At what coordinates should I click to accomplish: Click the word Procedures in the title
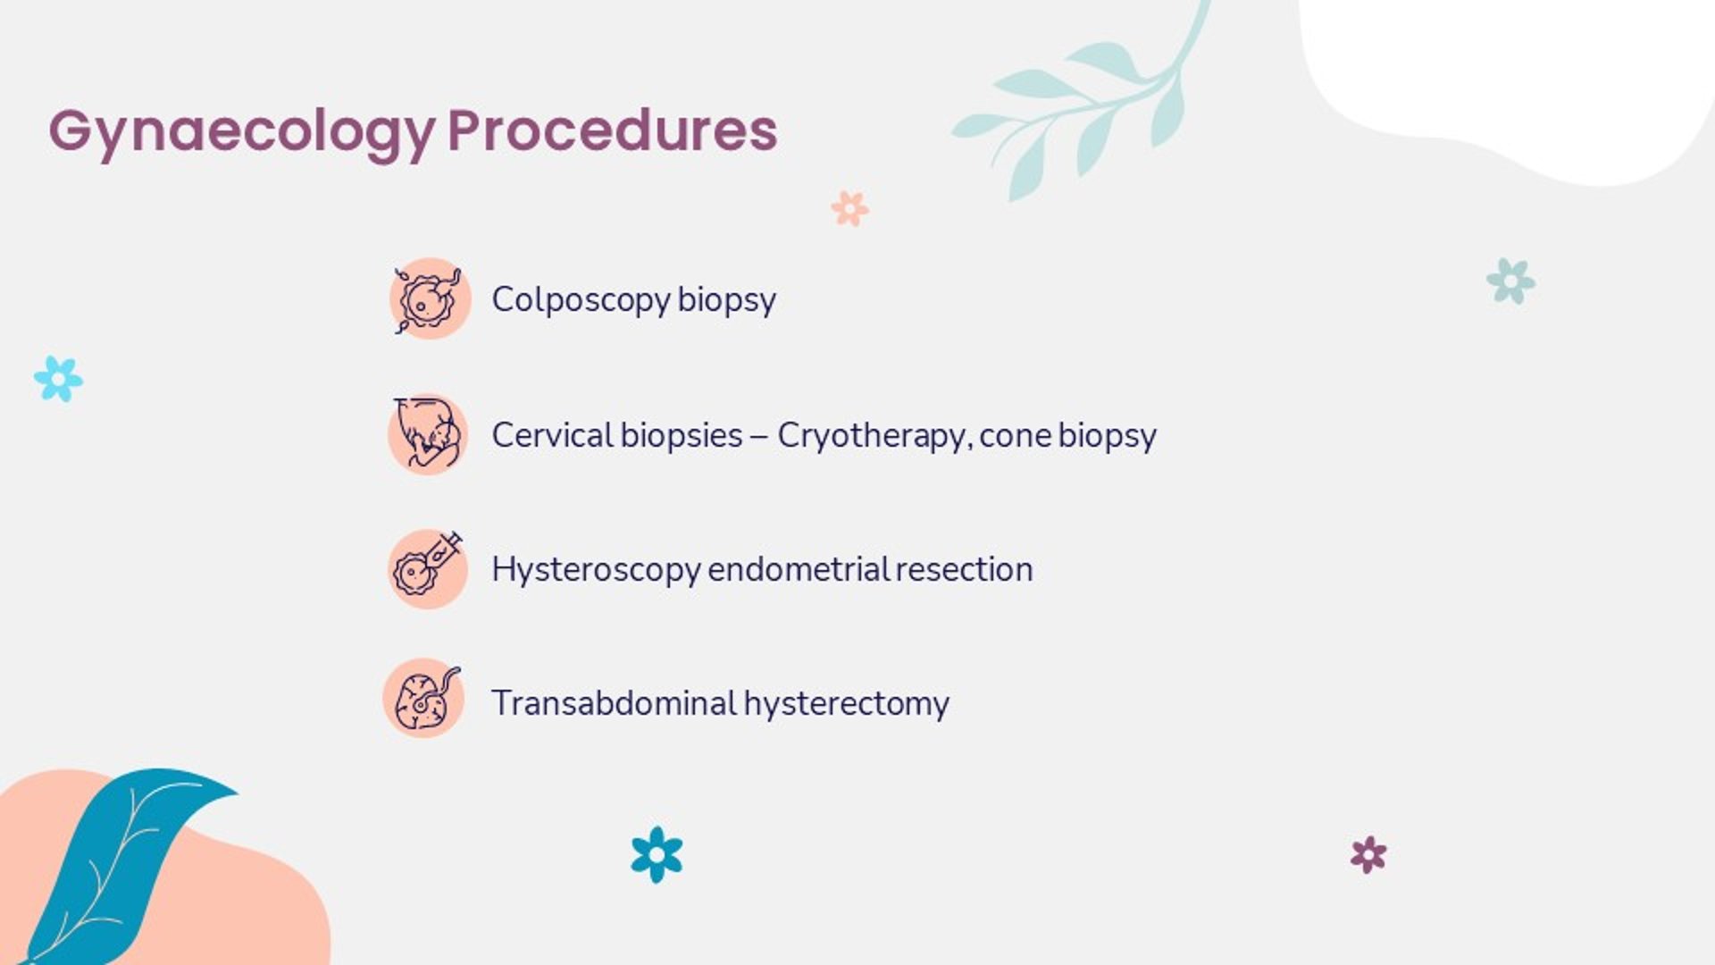tap(613, 130)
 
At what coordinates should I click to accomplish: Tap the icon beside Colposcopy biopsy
tap(430, 298)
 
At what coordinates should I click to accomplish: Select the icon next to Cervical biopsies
tap(428, 434)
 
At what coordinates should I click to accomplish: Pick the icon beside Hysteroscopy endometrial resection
tap(428, 568)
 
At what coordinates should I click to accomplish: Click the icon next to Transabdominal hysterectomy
tap(423, 698)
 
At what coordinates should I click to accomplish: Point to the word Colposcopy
tap(581, 300)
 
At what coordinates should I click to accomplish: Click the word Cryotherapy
tap(873, 436)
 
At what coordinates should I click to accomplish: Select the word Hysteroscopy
tap(596, 570)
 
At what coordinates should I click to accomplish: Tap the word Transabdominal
tap(614, 703)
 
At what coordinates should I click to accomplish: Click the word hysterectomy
tap(847, 704)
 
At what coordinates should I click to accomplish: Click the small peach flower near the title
tap(849, 208)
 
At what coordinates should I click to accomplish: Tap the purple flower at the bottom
tap(1368, 855)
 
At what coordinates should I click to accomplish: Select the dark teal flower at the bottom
tap(657, 855)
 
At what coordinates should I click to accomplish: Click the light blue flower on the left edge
tap(58, 379)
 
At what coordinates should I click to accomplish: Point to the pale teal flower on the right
tap(1510, 281)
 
